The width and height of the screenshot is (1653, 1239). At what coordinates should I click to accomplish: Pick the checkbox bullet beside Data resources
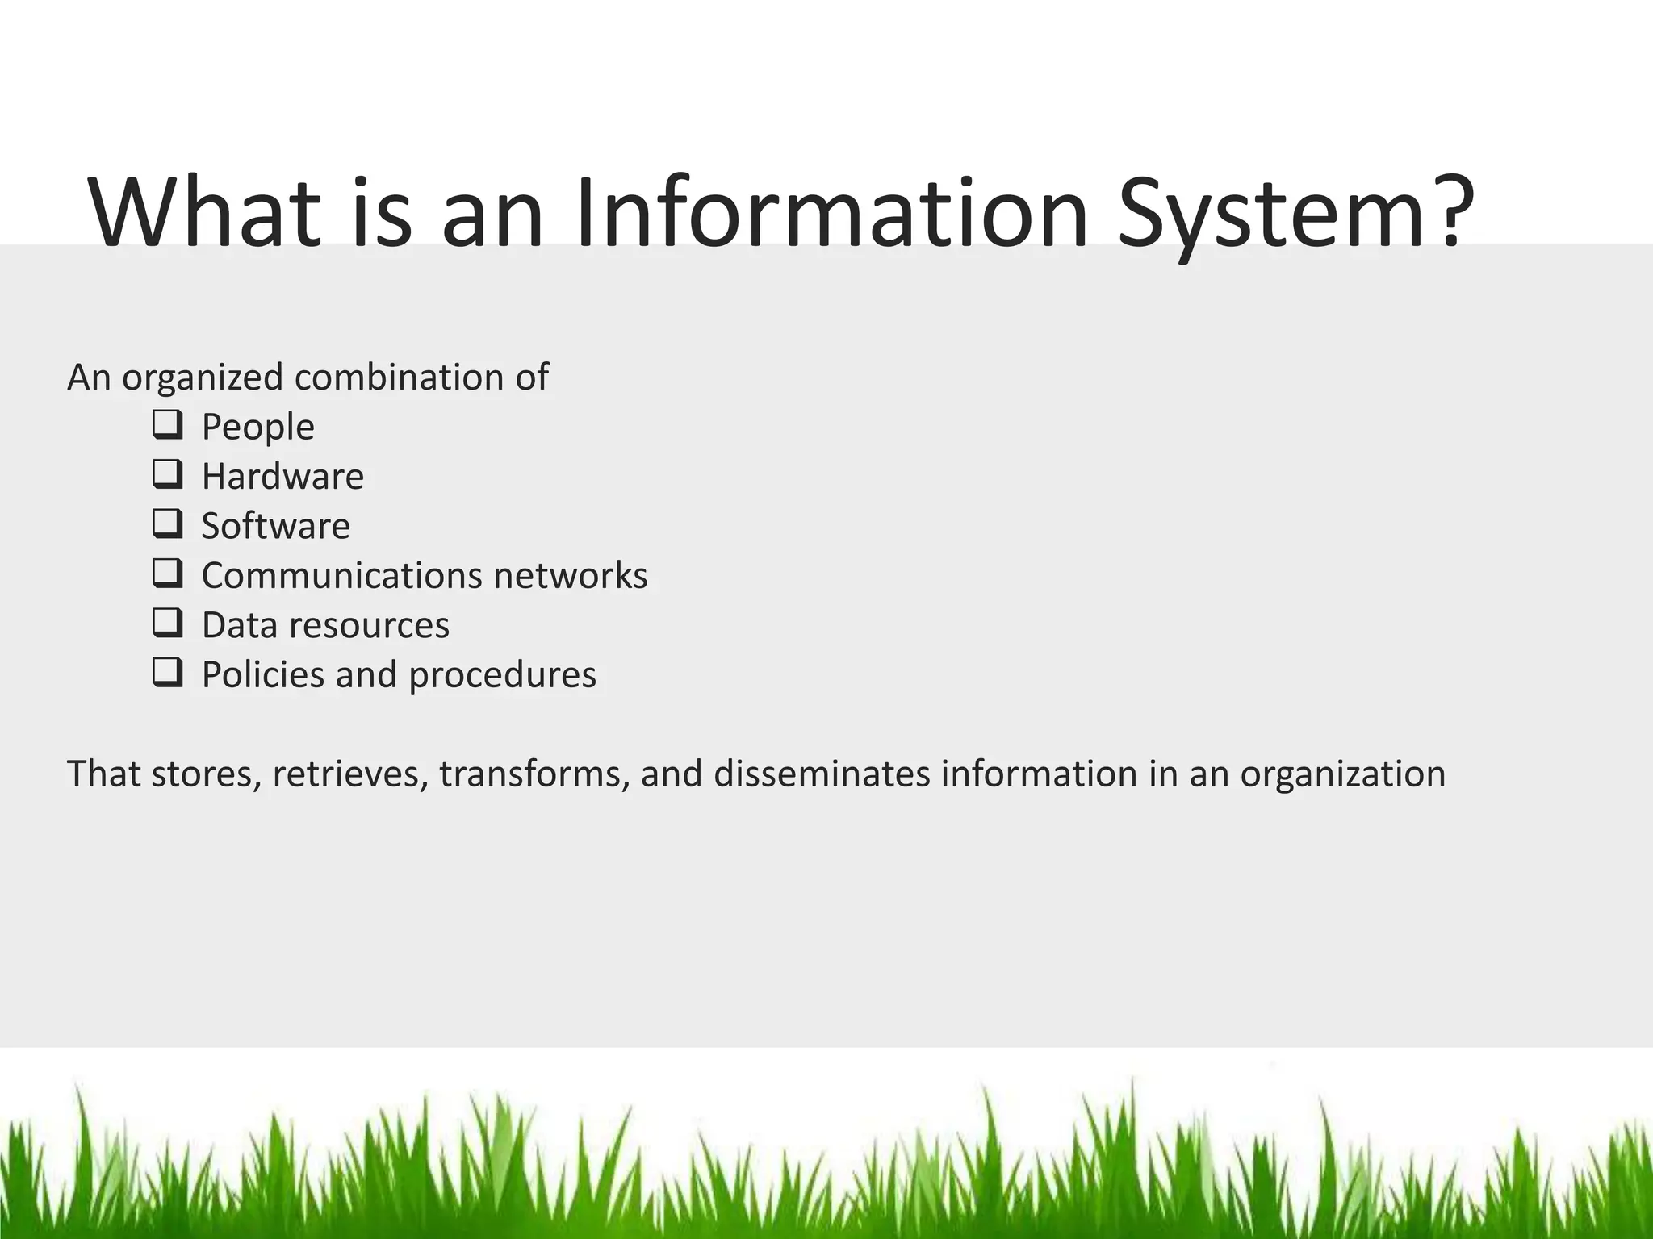[166, 623]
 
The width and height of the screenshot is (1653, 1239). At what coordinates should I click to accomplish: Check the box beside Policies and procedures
[166, 673]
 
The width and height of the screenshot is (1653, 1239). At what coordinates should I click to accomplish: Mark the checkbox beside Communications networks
[166, 574]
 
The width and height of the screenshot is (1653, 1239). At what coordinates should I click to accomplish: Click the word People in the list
[257, 427]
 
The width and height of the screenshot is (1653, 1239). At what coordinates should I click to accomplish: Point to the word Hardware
[282, 476]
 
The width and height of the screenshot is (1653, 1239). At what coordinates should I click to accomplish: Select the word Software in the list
[275, 526]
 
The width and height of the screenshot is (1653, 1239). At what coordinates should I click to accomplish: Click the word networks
[570, 576]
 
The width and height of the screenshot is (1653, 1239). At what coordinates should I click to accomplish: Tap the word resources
[370, 625]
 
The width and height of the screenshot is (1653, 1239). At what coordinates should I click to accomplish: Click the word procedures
[502, 675]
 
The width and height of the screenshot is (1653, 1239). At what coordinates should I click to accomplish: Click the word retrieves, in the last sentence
[350, 774]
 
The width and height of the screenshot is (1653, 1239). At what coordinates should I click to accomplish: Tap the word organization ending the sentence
[1342, 774]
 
